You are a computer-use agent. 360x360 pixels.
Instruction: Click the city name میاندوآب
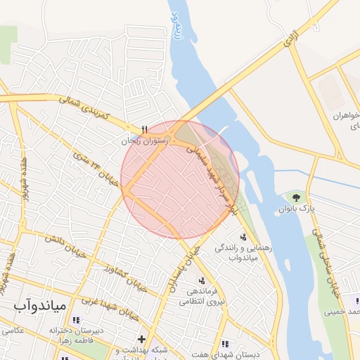coord(39,306)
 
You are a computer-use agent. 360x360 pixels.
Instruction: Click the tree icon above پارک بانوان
coord(295,198)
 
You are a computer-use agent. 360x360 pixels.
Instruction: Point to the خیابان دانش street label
coord(62,245)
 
